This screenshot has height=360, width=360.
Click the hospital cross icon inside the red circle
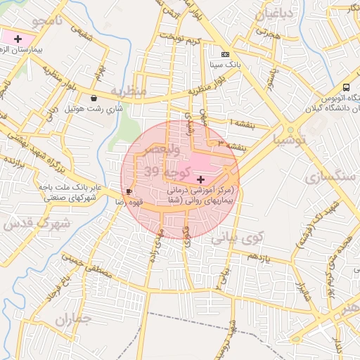coord(201,181)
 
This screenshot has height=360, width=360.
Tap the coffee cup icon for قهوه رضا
coord(128,191)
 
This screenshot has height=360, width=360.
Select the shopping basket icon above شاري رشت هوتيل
coord(95,98)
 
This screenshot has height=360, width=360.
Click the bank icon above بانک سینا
coord(225,54)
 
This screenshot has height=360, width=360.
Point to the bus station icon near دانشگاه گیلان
coord(345,87)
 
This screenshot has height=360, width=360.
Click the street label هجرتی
coord(267,33)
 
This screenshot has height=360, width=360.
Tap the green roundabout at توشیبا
coord(290,130)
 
